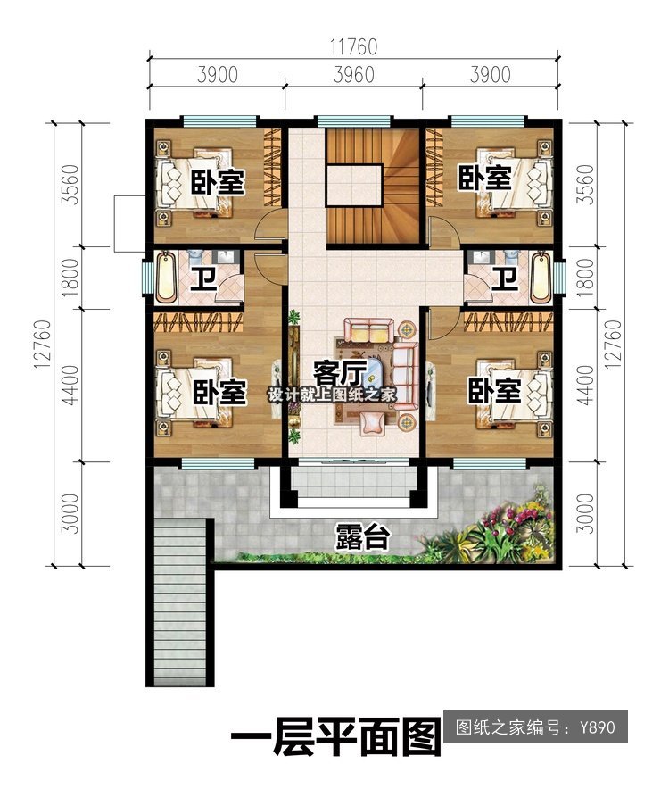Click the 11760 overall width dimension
coord(353,46)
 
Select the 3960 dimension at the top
coord(353,75)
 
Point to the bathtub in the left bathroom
coord(166,278)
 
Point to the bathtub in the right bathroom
coord(541,278)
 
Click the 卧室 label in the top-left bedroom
coord(218,182)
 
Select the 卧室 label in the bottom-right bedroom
coord(494,391)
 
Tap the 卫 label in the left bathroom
coord(203,279)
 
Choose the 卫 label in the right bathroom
coord(504,279)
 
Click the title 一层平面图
coord(335,737)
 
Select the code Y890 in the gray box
coord(597,727)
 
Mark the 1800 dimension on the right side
coord(586,278)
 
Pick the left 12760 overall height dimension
coord(43,345)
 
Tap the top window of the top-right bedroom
coord(487,121)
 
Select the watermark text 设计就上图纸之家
coord(333,394)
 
